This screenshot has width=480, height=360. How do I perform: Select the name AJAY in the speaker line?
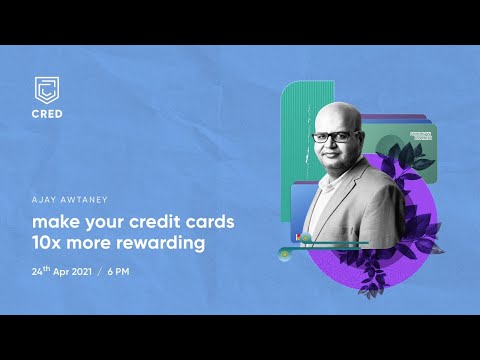point(47,198)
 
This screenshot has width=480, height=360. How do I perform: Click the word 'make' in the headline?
point(54,219)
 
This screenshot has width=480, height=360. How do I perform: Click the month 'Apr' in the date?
point(66,271)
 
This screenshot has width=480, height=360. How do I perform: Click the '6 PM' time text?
point(137,271)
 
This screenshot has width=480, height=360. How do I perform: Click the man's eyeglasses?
point(331,137)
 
